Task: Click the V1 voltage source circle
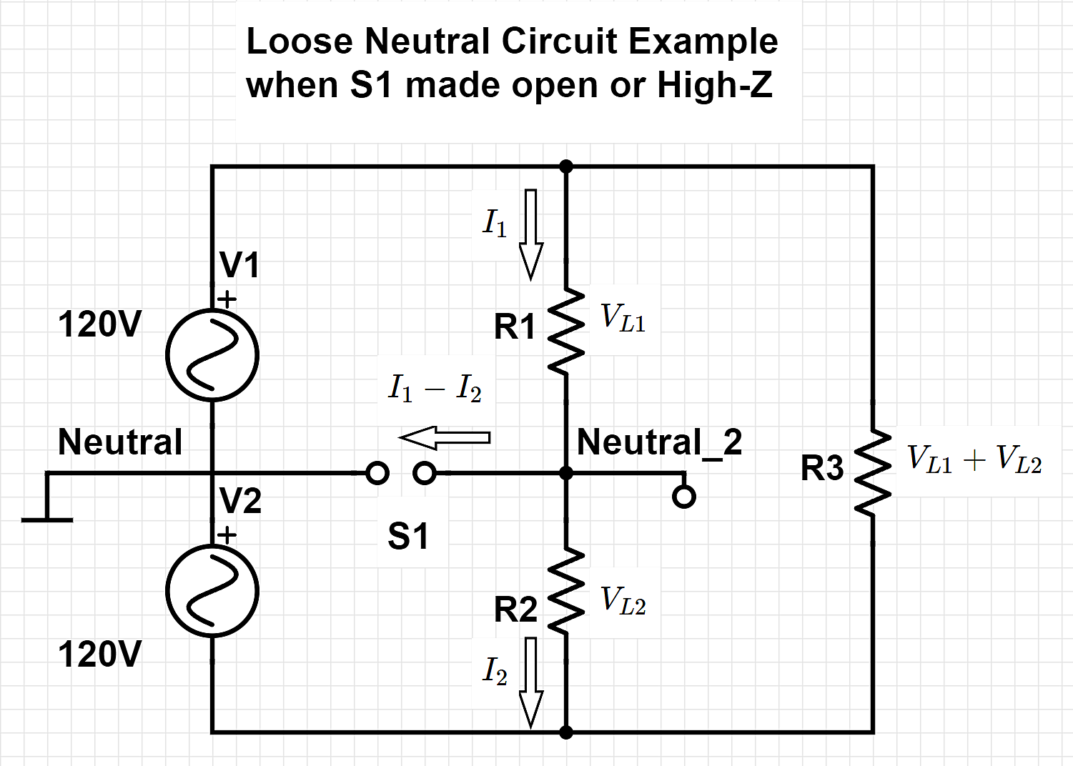coord(212,355)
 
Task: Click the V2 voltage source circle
coord(212,590)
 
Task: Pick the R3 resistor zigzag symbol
coord(873,472)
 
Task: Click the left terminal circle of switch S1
coord(377,473)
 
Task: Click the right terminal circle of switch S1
coord(425,473)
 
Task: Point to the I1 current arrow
coord(530,234)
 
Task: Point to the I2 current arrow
coord(530,682)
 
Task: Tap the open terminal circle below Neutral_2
coord(684,497)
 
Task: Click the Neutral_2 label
coord(659,442)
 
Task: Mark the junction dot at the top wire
coord(566,167)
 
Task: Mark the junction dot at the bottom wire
coord(566,732)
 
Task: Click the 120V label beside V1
coord(100,324)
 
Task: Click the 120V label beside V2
coord(100,655)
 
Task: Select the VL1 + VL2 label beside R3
coord(974,459)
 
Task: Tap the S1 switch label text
coord(408,536)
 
